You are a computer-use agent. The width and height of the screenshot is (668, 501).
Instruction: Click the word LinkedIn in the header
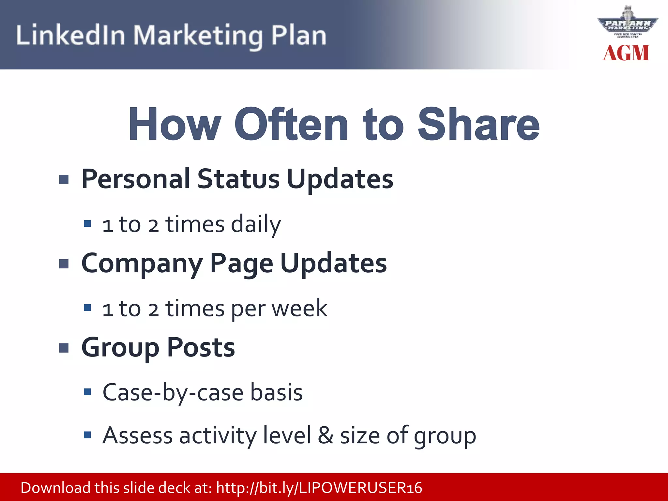pyautogui.click(x=70, y=35)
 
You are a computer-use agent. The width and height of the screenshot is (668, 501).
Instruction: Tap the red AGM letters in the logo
pyautogui.click(x=626, y=53)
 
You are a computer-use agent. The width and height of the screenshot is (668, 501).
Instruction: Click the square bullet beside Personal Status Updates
pyautogui.click(x=64, y=179)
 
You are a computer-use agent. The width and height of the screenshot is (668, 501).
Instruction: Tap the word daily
pyautogui.click(x=256, y=224)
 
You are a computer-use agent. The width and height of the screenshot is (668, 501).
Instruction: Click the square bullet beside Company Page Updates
pyautogui.click(x=64, y=264)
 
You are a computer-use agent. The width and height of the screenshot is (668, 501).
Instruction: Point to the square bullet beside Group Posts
pyautogui.click(x=64, y=348)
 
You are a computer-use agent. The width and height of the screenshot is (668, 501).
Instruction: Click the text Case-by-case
pyautogui.click(x=173, y=392)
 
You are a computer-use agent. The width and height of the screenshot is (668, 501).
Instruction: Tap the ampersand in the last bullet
pyautogui.click(x=326, y=435)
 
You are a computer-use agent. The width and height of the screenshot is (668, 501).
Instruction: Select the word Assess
pyautogui.click(x=137, y=435)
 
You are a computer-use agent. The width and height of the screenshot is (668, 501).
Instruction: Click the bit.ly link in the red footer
pyautogui.click(x=319, y=488)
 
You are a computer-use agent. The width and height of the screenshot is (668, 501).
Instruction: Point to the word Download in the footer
pyautogui.click(x=55, y=488)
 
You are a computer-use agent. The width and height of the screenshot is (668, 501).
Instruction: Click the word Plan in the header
pyautogui.click(x=298, y=35)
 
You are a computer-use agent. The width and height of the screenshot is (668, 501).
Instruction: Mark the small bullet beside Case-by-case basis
pyautogui.click(x=87, y=392)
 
